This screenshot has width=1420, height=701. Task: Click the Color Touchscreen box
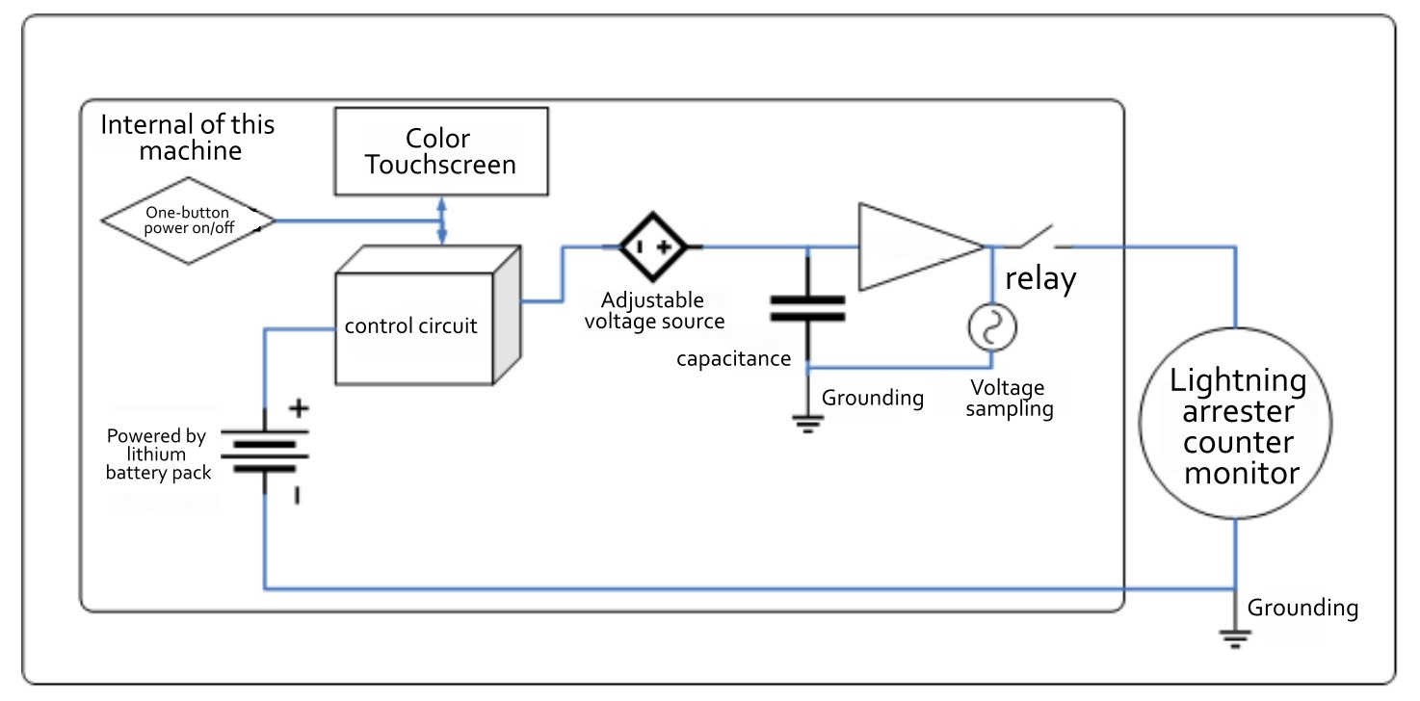coord(441,150)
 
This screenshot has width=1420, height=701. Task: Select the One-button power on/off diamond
coord(189,221)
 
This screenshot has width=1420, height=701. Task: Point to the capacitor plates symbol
coord(807,308)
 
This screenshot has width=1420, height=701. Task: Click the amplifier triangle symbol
coord(915,247)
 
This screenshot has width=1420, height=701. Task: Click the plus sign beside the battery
coord(299,408)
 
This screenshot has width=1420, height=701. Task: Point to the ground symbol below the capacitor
coord(807,420)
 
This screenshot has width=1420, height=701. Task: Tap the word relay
coord(1040,280)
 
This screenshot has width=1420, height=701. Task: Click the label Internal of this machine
coord(188,138)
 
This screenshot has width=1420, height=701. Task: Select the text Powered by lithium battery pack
coord(157,454)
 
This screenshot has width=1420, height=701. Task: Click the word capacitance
coord(733,359)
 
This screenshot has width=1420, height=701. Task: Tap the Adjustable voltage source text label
coord(653,310)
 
